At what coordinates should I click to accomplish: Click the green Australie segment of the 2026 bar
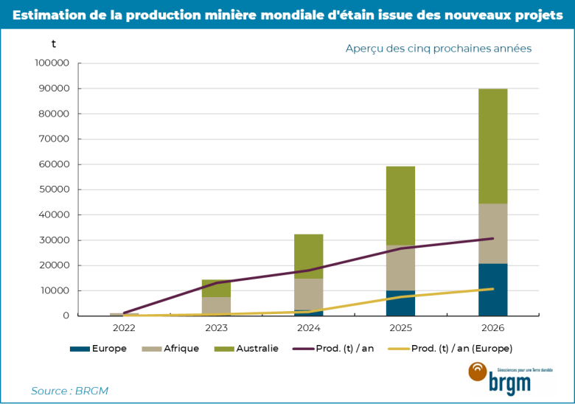click(492, 146)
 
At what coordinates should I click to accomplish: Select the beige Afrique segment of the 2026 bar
click(492, 229)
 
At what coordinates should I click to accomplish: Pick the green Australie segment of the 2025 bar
click(400, 205)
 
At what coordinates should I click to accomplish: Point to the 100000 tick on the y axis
click(52, 63)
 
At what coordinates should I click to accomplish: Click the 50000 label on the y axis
click(54, 189)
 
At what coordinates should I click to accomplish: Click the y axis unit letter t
click(53, 43)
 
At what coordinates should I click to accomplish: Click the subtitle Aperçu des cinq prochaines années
click(439, 49)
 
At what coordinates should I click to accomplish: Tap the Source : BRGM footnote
click(69, 391)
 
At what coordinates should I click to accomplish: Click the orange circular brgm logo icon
click(478, 372)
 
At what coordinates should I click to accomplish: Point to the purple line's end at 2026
click(492, 238)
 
